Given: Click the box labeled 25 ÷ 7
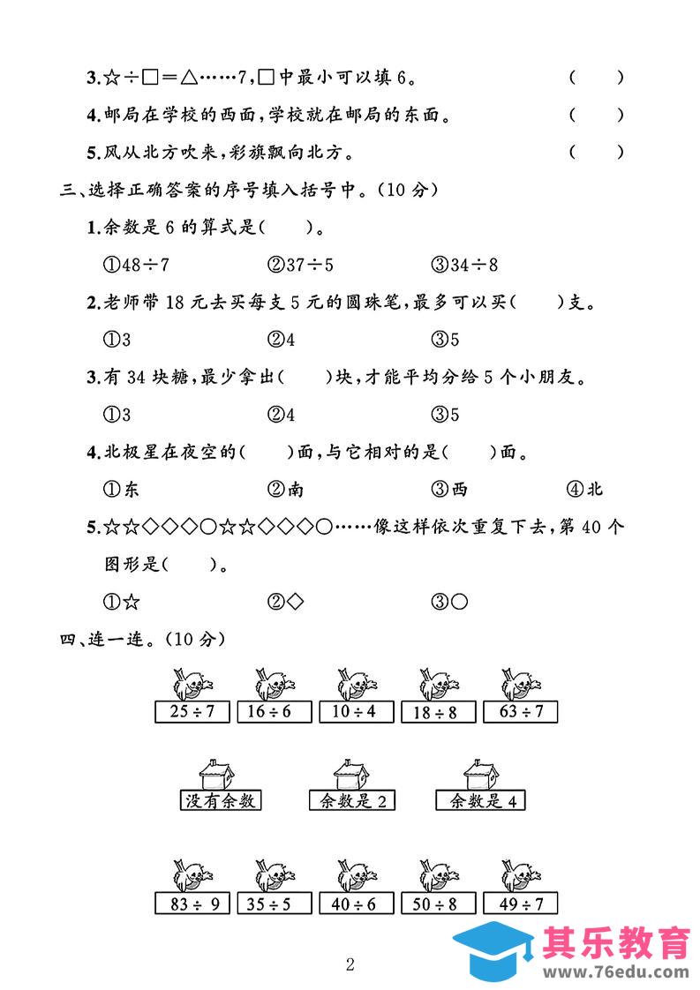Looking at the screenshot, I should click(191, 711).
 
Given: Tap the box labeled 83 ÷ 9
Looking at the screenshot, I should click(191, 904).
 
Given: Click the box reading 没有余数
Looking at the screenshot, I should click(221, 801).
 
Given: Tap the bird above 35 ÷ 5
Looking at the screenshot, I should click(273, 874).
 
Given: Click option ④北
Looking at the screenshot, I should click(583, 490).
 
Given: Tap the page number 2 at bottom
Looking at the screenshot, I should click(350, 964).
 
